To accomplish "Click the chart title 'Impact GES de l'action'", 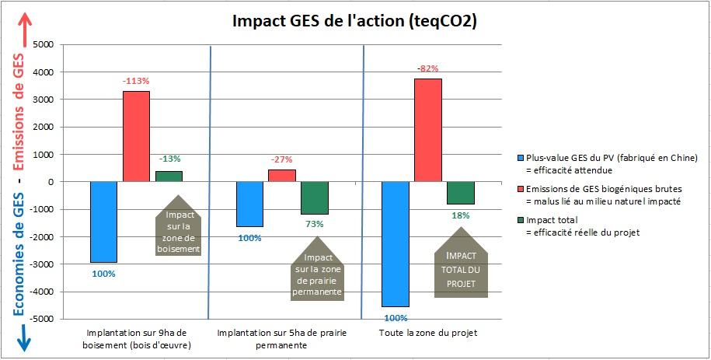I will (x=355, y=21).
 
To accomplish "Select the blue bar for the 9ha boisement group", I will (x=103, y=222).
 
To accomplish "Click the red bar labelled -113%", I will (x=136, y=136).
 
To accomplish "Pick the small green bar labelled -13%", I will (x=169, y=176).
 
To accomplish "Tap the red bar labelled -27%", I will (x=282, y=176).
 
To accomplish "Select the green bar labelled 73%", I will (x=315, y=197).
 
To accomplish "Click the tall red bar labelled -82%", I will (x=428, y=130).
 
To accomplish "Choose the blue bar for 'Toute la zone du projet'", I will (x=396, y=243).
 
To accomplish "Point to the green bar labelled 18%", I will (x=461, y=193).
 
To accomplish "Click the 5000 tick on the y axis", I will (x=42, y=45).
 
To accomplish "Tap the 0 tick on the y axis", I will (x=48, y=182).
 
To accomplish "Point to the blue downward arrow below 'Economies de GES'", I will (x=23, y=334).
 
